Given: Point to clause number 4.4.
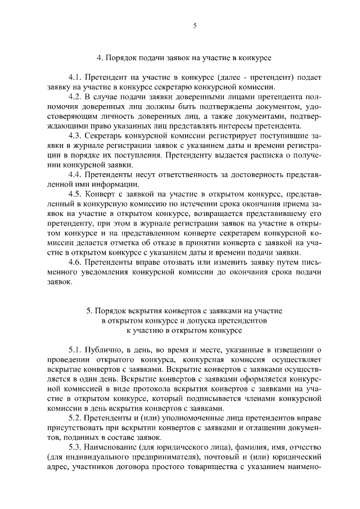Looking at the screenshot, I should tap(75, 174).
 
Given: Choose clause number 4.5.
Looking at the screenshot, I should tap(75, 194).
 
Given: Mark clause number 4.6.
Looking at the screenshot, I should tap(75, 262).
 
